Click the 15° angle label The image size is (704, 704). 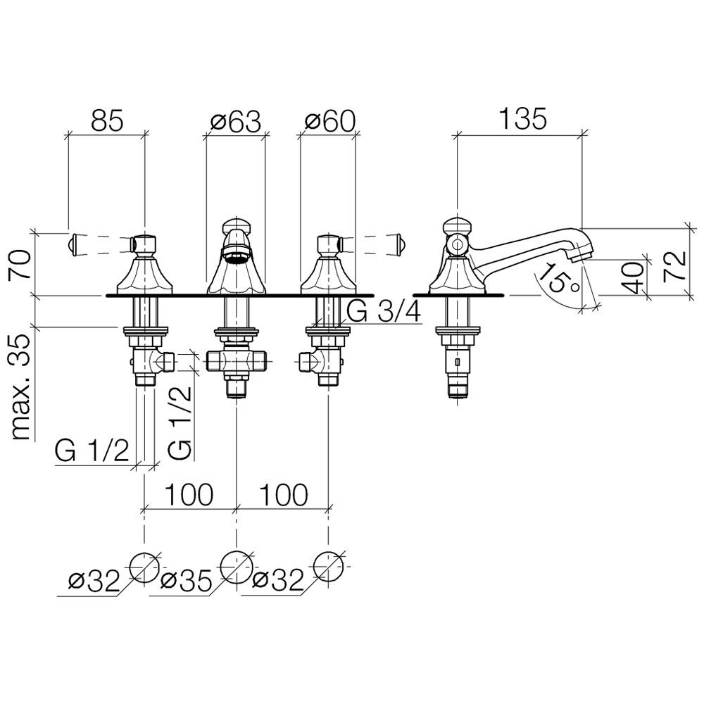(x=554, y=279)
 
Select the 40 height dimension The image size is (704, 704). (x=633, y=277)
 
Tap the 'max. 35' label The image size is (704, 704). (x=24, y=386)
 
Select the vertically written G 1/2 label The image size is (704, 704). (x=180, y=418)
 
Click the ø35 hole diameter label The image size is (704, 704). (x=186, y=581)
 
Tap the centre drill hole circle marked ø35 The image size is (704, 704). (x=237, y=565)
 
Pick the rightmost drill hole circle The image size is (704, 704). (x=329, y=565)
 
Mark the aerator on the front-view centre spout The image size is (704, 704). (x=236, y=254)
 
